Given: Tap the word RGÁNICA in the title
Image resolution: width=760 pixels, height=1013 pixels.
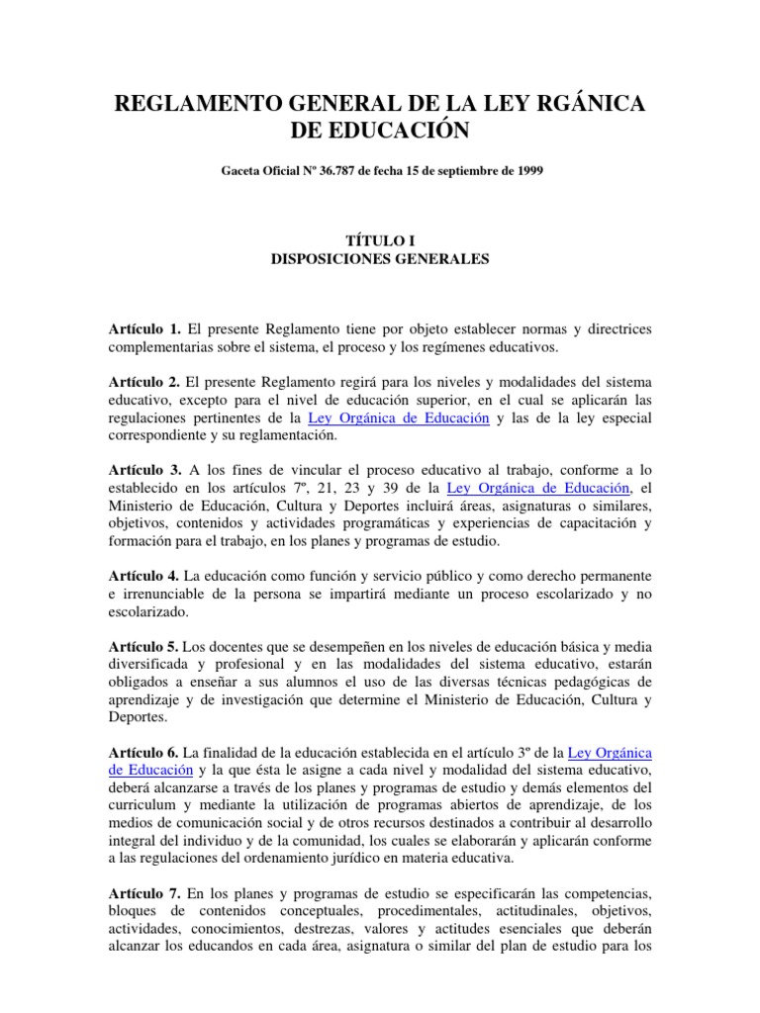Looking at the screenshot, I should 579,105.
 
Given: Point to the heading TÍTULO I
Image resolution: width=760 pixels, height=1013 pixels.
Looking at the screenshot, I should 380,240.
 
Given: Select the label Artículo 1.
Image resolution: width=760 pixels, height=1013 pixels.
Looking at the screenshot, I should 143,327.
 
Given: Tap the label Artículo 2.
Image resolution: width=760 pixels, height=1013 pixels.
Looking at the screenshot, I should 143,382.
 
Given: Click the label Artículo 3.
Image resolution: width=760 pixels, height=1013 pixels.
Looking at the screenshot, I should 143,470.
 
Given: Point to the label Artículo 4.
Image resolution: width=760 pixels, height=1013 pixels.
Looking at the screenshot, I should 143,576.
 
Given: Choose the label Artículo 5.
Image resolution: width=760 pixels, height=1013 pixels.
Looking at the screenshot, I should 143,646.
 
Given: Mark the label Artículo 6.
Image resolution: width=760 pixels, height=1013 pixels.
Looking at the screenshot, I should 143,753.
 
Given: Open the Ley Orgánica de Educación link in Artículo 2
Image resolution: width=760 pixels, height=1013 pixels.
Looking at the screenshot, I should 399,417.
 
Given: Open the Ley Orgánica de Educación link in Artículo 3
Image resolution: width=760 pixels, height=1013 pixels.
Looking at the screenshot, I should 539,488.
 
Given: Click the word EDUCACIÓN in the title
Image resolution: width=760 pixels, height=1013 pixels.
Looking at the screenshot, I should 381,131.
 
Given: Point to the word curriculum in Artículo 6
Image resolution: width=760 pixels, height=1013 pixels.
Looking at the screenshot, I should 142,806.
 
